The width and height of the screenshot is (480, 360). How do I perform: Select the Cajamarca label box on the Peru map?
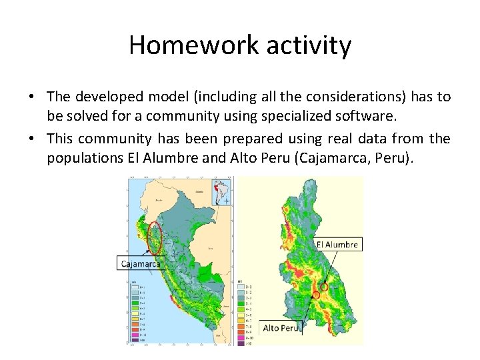coord(140,264)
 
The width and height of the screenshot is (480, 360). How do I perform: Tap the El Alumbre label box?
coord(337,245)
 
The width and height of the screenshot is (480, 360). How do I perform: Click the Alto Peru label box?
coord(281,328)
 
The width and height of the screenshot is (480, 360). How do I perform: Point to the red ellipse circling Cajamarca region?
coord(155,238)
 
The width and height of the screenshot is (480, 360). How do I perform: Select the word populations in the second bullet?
coord(83,158)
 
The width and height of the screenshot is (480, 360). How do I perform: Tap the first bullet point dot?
coord(31,97)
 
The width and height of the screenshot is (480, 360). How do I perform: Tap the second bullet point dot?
coord(31,139)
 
